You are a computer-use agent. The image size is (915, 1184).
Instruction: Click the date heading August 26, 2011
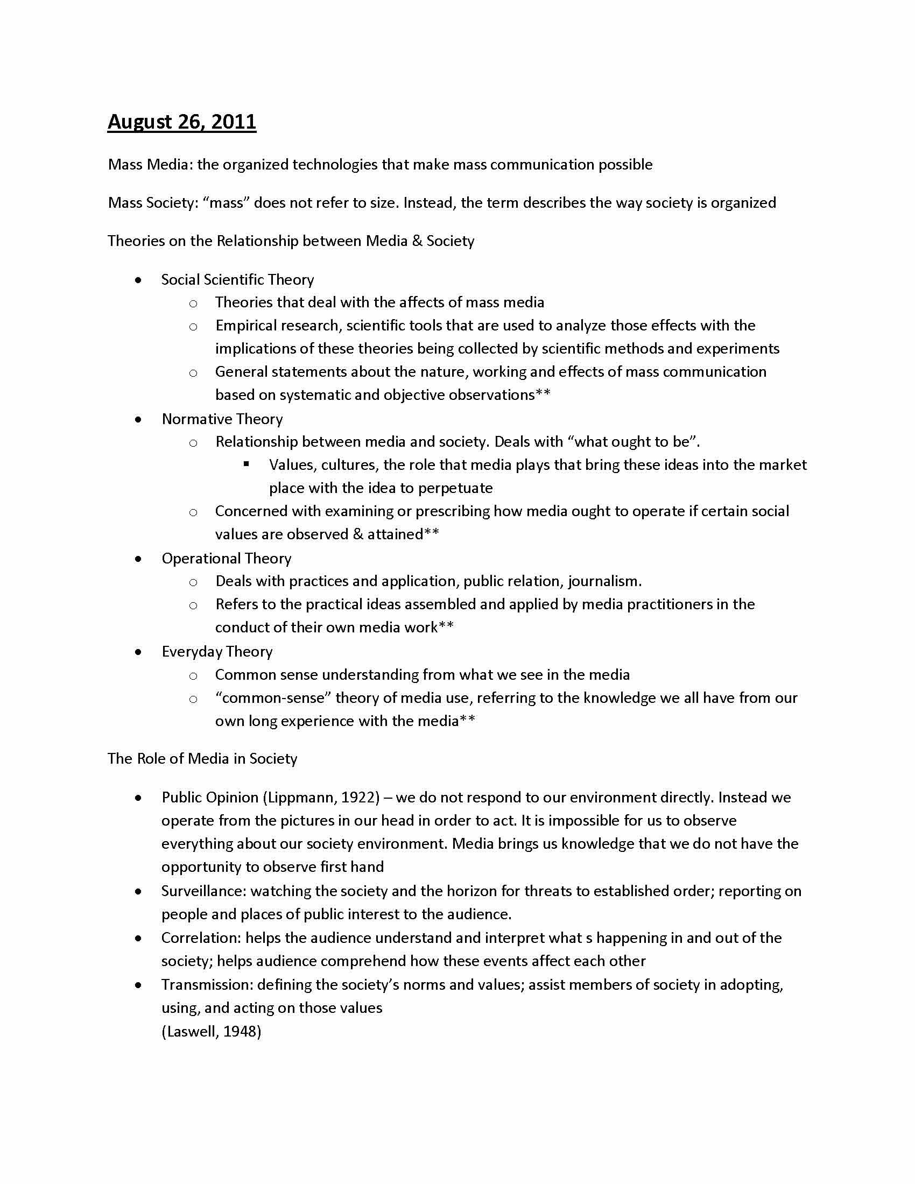pos(181,122)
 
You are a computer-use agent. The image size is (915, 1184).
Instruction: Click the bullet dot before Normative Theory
pos(139,419)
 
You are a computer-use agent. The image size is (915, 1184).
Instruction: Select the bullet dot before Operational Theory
pos(139,559)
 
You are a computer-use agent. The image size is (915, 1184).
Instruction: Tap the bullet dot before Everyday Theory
pos(139,652)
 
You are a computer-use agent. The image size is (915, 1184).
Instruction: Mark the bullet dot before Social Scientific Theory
pos(139,280)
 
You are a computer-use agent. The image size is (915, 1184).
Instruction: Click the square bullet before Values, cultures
pos(247,464)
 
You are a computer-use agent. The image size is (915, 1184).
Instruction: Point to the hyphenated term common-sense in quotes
pos(273,697)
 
